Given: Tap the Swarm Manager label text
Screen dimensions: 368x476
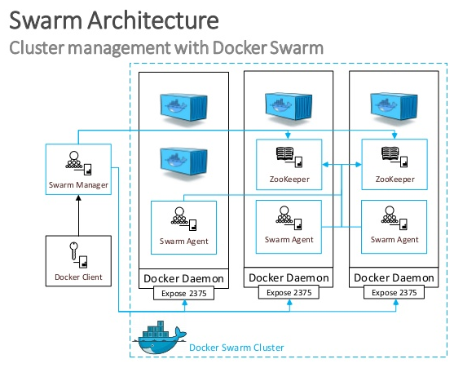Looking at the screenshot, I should (78, 184).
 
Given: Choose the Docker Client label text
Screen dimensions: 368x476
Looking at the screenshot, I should (78, 277).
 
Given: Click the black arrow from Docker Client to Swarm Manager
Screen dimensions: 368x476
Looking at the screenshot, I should (78, 217).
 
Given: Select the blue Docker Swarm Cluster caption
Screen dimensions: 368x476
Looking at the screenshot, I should (236, 348).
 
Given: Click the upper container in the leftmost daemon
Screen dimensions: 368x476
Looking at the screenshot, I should (183, 104).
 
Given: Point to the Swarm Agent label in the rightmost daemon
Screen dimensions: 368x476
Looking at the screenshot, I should (394, 240).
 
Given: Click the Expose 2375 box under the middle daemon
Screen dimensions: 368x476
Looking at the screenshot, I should (289, 292).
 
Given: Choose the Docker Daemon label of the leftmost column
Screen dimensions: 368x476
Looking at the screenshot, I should (183, 279).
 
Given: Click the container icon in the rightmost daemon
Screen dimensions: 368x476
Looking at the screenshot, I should (394, 104).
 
